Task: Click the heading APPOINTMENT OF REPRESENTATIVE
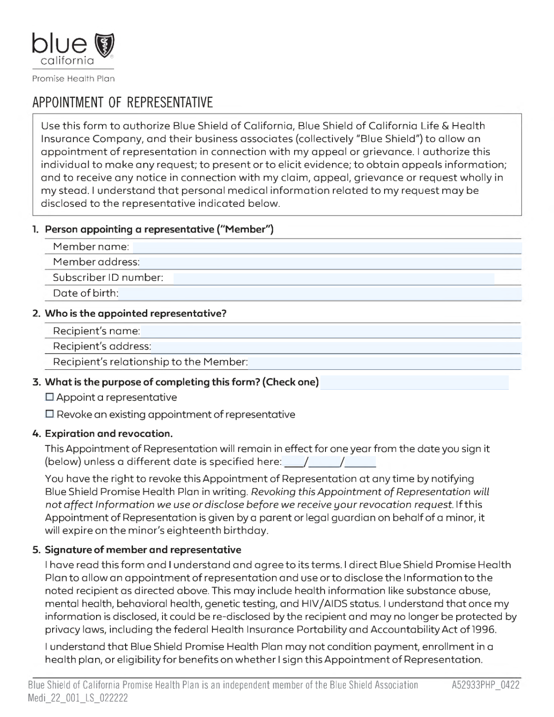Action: tap(122, 102)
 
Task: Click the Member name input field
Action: tap(327, 247)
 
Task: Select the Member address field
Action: tap(330, 262)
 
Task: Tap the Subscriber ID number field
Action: tap(333, 278)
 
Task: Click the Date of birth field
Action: tap(320, 293)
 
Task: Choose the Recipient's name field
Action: tap(331, 331)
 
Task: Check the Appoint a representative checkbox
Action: tap(50, 397)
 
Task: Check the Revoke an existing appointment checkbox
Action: tap(50, 414)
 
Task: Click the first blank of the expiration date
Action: tap(292, 462)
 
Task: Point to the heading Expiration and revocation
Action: tap(108, 434)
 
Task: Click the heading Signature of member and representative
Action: tap(143, 550)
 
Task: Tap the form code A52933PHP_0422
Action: tap(485, 685)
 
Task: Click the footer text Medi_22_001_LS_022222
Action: tap(78, 698)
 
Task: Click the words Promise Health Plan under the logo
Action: tap(73, 78)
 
